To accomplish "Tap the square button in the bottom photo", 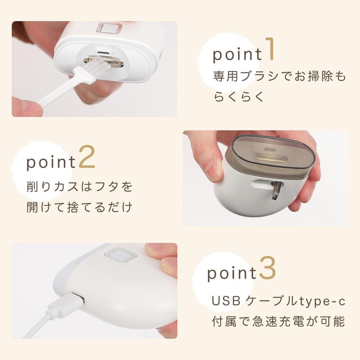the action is click(x=120, y=256).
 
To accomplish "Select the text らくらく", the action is click(x=239, y=97).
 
